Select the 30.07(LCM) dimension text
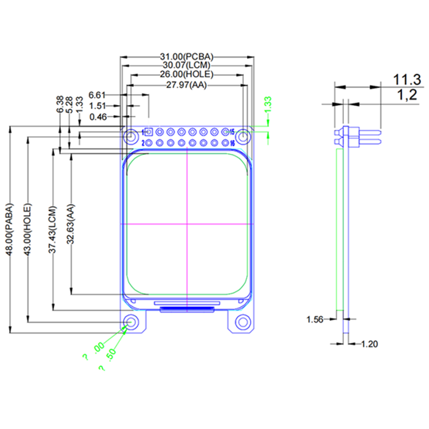pos(187,65)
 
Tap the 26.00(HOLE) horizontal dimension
pos(187,75)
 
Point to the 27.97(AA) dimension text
pos(187,85)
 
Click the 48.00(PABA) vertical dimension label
pos(9,230)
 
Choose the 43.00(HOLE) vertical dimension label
pos(28,230)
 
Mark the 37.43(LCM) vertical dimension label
pos(52,230)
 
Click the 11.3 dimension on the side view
pos(406,80)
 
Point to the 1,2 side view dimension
pos(407,95)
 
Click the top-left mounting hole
pos(130,137)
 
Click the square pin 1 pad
pos(149,132)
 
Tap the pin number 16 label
pos(232,143)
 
